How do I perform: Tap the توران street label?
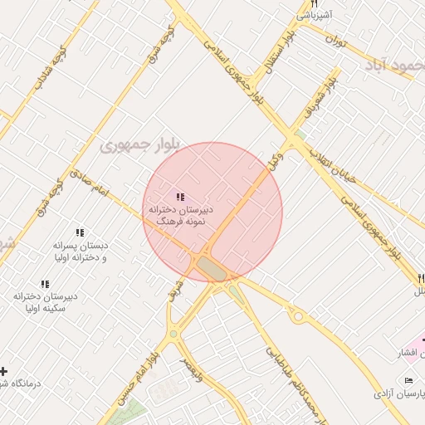point(335,39)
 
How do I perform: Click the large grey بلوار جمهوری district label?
point(137,146)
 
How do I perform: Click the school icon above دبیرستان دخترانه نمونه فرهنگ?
point(180,197)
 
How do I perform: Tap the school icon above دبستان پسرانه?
point(80,233)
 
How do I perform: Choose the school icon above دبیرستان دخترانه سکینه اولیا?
point(45,283)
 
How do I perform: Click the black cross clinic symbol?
point(4,371)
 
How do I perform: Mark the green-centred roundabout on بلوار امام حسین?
point(173,334)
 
